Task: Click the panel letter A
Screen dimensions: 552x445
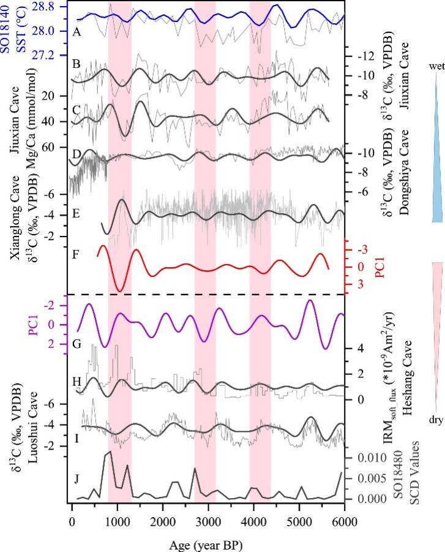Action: tap(77, 33)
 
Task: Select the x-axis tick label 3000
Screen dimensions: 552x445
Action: tap(208, 516)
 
